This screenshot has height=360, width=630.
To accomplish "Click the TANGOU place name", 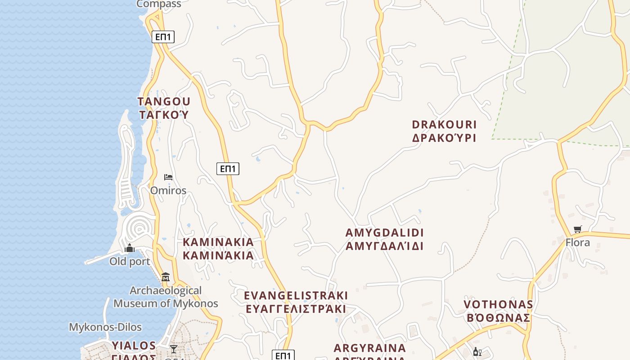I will (x=164, y=101).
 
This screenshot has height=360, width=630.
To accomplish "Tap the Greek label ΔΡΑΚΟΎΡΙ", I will (x=444, y=138).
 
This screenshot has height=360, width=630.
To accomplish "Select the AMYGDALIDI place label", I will (x=384, y=233).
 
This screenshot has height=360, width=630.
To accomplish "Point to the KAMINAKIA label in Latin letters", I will (x=218, y=242).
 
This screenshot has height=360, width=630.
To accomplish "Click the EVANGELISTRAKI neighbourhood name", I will (x=296, y=295).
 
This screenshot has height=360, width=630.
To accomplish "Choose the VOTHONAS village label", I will (x=498, y=305).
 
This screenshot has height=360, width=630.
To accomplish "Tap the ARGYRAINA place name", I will (x=369, y=348).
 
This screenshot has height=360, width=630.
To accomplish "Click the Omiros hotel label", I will (x=168, y=190).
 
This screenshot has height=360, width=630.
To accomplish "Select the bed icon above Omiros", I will (x=168, y=177).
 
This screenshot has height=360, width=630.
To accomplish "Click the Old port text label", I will (x=130, y=261).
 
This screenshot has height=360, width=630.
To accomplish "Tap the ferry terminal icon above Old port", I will (x=130, y=248).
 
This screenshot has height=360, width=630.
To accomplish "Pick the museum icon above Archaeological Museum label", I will (x=166, y=277).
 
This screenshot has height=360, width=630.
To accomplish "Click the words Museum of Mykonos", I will (x=166, y=303).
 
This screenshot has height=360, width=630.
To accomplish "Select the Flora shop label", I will (x=577, y=243).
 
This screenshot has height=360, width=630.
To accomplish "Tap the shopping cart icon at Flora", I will (x=578, y=229).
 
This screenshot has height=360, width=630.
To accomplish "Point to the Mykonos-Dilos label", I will (x=105, y=327).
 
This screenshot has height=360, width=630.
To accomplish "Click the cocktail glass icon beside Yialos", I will (x=173, y=349).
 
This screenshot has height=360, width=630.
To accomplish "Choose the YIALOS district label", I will (x=134, y=346).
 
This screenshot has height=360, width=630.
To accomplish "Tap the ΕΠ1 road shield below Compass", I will (x=163, y=37).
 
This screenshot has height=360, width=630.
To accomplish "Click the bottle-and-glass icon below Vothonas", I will (x=477, y=352).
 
